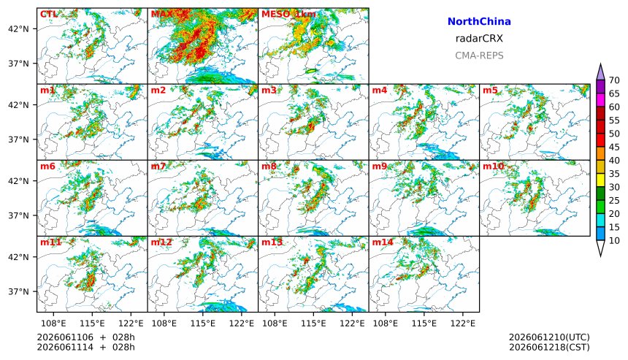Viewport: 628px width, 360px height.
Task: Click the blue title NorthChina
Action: (479, 22)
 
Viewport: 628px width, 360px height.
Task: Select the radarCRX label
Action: (479, 39)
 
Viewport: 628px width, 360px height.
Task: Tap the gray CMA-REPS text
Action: (479, 55)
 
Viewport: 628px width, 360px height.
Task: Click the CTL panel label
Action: (48, 15)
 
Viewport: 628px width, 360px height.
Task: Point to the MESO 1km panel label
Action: (288, 15)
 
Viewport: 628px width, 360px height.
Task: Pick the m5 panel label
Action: (490, 90)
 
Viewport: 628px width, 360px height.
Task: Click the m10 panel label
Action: (493, 166)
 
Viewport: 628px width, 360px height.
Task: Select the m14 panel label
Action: (383, 242)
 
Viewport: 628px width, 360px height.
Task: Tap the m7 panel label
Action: (158, 166)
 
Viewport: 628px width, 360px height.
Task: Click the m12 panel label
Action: (161, 242)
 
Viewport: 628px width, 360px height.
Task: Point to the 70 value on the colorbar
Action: (614, 80)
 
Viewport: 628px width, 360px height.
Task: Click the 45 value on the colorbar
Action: (614, 148)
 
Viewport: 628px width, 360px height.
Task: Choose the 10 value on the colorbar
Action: (614, 241)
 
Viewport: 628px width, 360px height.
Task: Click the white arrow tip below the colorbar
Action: (600, 256)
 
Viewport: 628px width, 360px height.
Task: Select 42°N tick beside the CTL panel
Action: (20, 28)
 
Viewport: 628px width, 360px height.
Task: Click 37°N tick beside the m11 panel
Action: (20, 291)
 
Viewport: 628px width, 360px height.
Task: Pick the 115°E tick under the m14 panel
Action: (424, 323)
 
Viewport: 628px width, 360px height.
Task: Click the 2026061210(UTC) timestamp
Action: (549, 337)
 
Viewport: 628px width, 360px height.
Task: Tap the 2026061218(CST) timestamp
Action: (549, 347)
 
